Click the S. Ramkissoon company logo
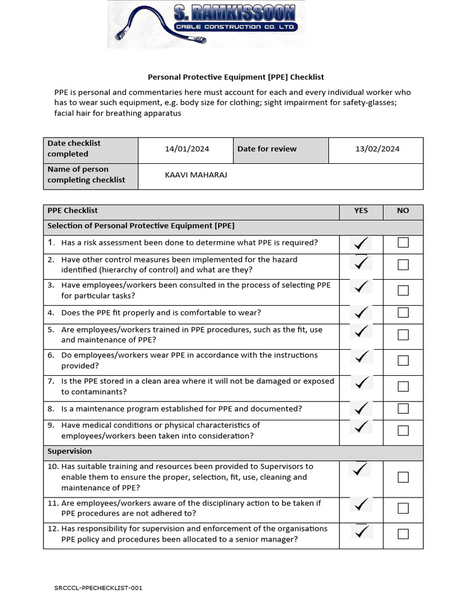click(205, 24)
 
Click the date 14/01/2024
click(187, 149)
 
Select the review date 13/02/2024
click(377, 149)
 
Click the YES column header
click(360, 210)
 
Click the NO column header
click(403, 210)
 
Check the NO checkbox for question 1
click(403, 242)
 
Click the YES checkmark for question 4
click(360, 312)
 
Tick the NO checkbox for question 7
click(403, 387)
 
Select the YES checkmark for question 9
click(360, 427)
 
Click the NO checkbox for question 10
click(403, 477)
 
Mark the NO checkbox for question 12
click(403, 534)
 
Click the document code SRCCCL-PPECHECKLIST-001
click(98, 588)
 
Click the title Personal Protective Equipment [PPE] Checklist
click(235, 77)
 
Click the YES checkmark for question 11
click(360, 505)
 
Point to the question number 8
click(51, 408)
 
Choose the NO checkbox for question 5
click(403, 335)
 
